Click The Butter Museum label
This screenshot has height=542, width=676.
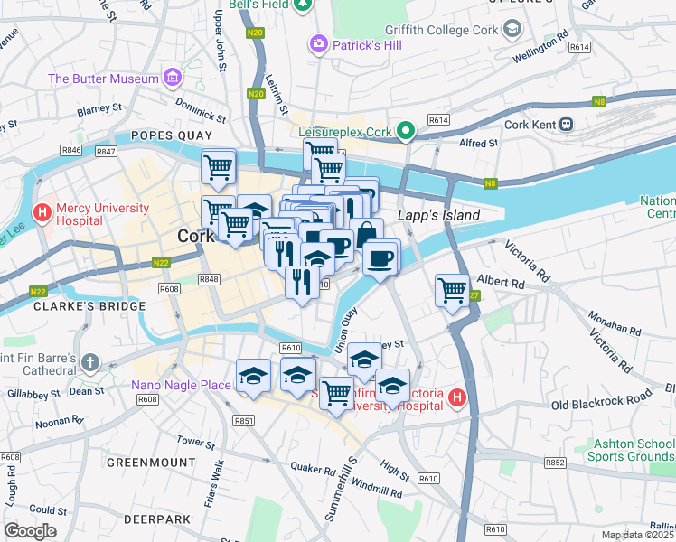(104, 79)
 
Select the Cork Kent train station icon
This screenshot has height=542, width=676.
(567, 125)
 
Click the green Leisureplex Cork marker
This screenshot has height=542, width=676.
(406, 132)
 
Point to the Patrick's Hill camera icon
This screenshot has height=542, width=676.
(317, 42)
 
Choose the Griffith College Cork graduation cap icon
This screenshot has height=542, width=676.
(513, 29)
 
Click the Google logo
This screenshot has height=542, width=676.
(30, 531)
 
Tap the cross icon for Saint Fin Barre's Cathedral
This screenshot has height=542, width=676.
(89, 363)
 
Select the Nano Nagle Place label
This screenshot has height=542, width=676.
(181, 385)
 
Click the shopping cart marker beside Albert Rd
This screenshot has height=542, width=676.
(452, 291)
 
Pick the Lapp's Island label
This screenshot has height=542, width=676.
(438, 216)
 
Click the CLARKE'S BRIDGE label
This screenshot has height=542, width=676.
(89, 306)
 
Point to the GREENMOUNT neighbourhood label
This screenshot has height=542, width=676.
(151, 462)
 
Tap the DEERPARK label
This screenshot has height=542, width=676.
(157, 519)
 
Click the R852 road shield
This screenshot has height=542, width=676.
(555, 463)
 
